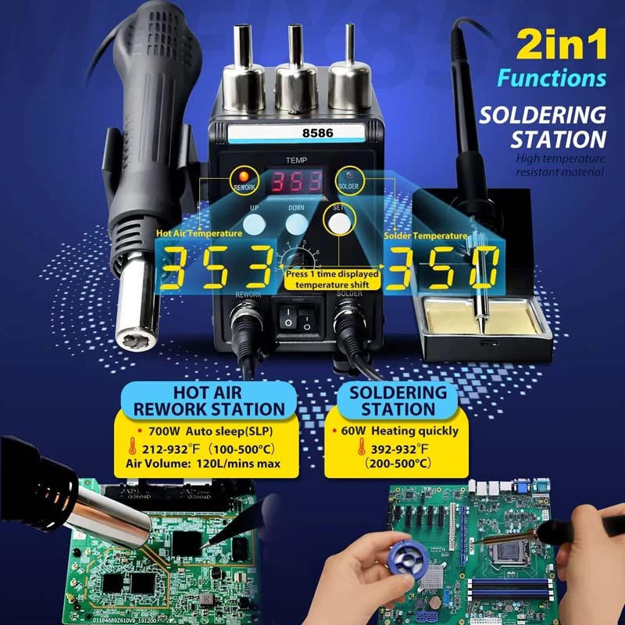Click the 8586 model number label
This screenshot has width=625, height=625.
pyautogui.click(x=317, y=133)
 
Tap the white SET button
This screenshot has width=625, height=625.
pyautogui.click(x=338, y=223)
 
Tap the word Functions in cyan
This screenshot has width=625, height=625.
pyautogui.click(x=552, y=78)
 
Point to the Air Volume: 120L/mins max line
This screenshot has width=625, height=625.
pyautogui.click(x=202, y=464)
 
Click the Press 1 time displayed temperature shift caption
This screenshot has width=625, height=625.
pyautogui.click(x=333, y=280)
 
